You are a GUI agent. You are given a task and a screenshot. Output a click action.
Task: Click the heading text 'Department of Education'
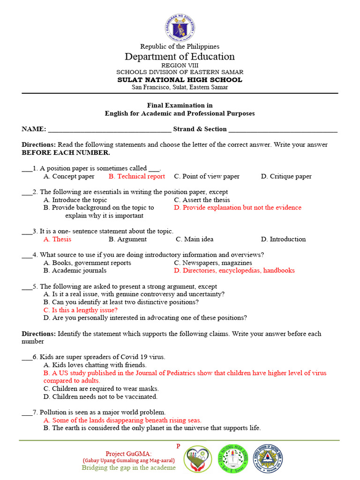(x=180, y=57)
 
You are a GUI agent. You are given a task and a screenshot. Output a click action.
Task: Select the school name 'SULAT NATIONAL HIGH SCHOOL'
(x=180, y=80)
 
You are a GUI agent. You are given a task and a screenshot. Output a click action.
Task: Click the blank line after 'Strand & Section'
(x=283, y=130)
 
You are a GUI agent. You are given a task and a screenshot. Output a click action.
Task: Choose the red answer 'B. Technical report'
(x=136, y=177)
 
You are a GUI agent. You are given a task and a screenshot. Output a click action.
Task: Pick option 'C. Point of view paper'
(x=206, y=177)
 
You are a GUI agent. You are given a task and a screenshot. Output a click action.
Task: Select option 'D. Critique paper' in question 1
(x=286, y=177)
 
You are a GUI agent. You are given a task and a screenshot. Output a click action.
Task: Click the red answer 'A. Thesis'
(x=57, y=239)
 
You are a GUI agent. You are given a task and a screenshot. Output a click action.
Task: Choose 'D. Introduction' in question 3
(x=283, y=239)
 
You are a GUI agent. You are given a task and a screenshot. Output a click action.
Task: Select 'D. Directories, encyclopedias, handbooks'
(x=234, y=270)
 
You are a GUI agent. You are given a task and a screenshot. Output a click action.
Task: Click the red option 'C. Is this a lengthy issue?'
(x=80, y=310)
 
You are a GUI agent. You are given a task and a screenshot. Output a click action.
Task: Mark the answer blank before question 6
(x=27, y=358)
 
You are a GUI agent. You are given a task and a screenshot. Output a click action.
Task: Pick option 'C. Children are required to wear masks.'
(x=101, y=389)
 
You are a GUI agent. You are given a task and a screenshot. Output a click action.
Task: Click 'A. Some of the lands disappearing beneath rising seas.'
(x=122, y=420)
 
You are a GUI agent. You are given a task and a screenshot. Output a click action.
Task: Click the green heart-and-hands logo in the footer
(x=197, y=459)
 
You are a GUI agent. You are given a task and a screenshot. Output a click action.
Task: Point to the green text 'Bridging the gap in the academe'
(x=129, y=467)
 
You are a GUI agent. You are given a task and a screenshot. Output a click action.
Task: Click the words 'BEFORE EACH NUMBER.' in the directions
(x=66, y=153)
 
